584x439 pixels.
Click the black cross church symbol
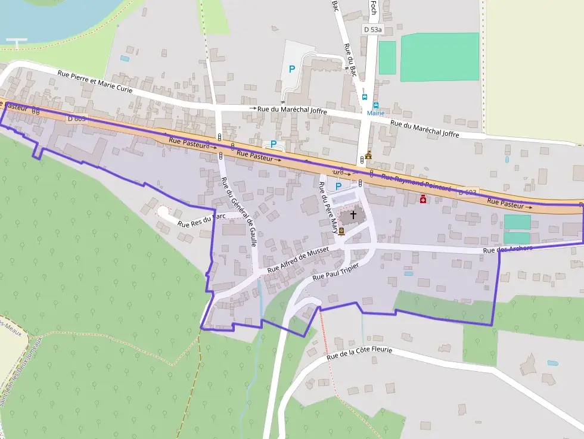point(353,214)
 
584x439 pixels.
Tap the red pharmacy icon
point(423,200)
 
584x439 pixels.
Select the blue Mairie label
point(375,113)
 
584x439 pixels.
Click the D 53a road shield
point(374,29)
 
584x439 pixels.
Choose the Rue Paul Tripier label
point(336,272)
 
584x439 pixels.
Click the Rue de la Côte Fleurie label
point(359,354)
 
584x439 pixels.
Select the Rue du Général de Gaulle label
point(238,211)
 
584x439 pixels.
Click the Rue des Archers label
point(507,249)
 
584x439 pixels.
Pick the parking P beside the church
point(338,186)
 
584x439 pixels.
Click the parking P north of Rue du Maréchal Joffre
point(291,69)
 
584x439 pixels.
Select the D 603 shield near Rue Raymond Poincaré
point(468,192)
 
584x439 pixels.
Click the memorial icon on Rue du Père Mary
point(341,231)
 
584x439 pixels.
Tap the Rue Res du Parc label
point(201,221)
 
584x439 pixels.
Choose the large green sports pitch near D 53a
point(439,57)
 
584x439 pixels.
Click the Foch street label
point(374,7)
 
